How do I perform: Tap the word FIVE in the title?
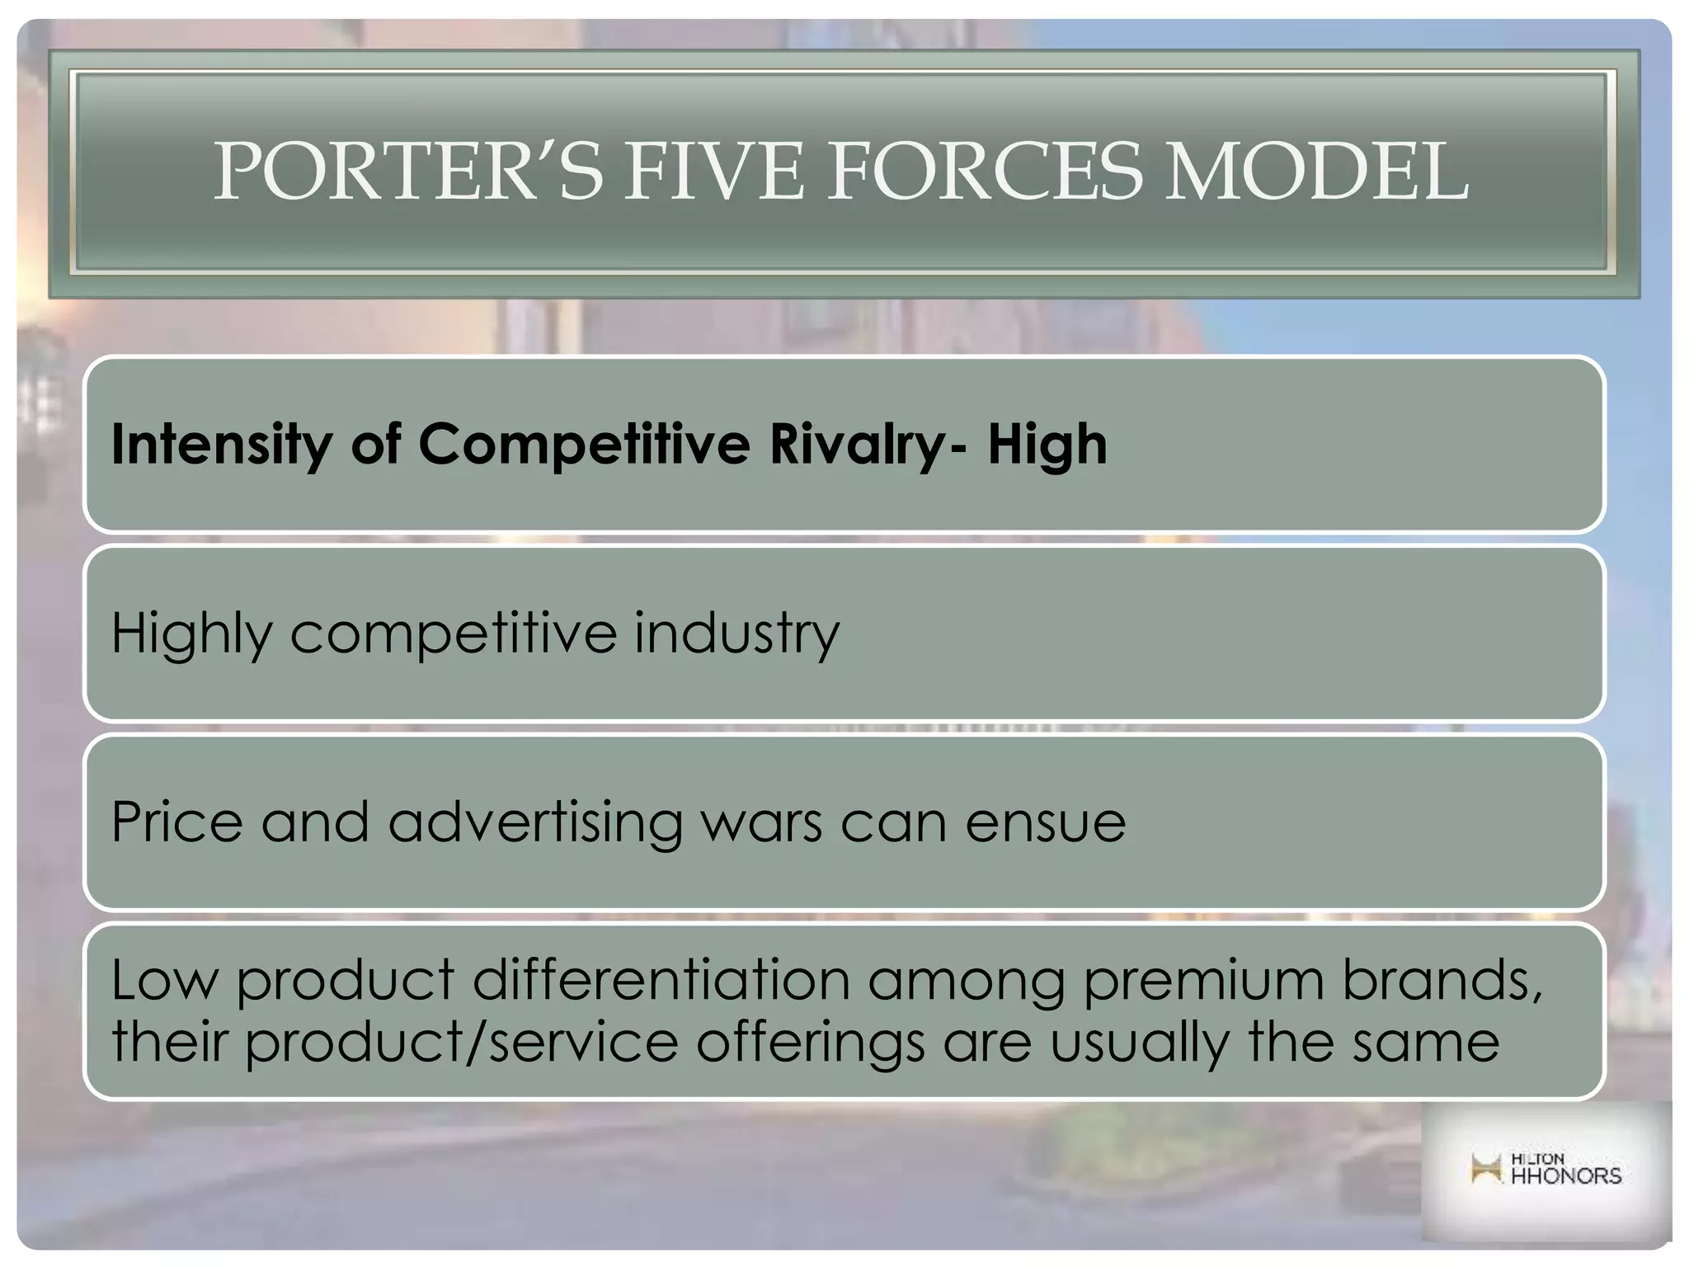[713, 172]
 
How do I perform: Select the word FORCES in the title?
[985, 172]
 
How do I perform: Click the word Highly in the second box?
[191, 633]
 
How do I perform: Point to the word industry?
[736, 633]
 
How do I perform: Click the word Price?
[177, 822]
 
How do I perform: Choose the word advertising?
[535, 822]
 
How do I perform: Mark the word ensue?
[1046, 822]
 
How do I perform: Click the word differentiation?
[661, 980]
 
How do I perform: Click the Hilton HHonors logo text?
[1565, 1170]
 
